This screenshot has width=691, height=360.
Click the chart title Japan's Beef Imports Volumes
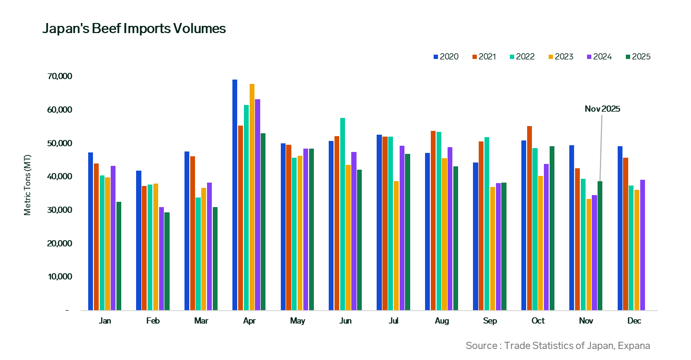click(x=134, y=29)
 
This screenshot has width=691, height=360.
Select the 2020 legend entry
click(x=446, y=57)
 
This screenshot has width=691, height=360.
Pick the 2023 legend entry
click(x=561, y=57)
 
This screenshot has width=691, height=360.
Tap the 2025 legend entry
click(x=638, y=57)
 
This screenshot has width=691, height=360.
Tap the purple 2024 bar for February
click(x=161, y=258)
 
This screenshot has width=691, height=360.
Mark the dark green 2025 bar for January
click(x=119, y=256)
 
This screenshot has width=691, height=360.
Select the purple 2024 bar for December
click(x=643, y=245)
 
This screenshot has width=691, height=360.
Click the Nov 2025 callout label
click(x=602, y=109)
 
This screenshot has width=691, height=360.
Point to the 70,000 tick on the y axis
click(x=60, y=77)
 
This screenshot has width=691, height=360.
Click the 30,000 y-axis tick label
click(x=60, y=210)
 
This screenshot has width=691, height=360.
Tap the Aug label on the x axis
click(x=442, y=321)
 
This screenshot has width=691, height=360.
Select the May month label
click(x=298, y=321)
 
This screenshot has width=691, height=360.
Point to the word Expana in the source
click(x=633, y=346)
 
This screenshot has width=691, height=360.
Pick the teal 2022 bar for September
click(x=487, y=223)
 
